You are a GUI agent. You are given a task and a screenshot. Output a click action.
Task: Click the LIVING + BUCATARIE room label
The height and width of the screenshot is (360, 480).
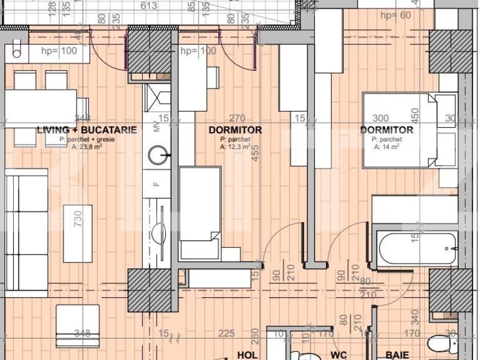click(87, 130)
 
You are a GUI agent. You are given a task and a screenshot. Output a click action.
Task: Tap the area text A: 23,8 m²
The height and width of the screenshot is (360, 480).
click(87, 148)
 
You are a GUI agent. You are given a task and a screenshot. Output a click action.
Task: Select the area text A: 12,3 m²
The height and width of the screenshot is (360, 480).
click(235, 148)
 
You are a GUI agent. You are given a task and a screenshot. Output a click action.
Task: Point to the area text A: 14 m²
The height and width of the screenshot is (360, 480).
click(386, 148)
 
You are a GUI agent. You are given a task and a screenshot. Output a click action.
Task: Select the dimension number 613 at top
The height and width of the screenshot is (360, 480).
click(148, 6)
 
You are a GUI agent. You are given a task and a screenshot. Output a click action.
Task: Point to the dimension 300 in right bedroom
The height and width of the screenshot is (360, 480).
click(380, 118)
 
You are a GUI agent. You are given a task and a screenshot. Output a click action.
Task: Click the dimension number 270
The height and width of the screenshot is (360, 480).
click(237, 118)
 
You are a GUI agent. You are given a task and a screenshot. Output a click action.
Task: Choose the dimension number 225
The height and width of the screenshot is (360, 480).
click(226, 333)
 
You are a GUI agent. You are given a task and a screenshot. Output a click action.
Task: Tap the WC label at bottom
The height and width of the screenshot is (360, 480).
click(338, 355)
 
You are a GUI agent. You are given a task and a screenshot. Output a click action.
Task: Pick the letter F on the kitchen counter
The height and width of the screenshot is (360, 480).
click(156, 184)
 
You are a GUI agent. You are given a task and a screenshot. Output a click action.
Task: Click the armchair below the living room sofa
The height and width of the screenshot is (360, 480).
click(77, 325)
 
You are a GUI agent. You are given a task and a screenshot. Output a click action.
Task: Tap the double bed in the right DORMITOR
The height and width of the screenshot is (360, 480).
click(399, 131)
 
